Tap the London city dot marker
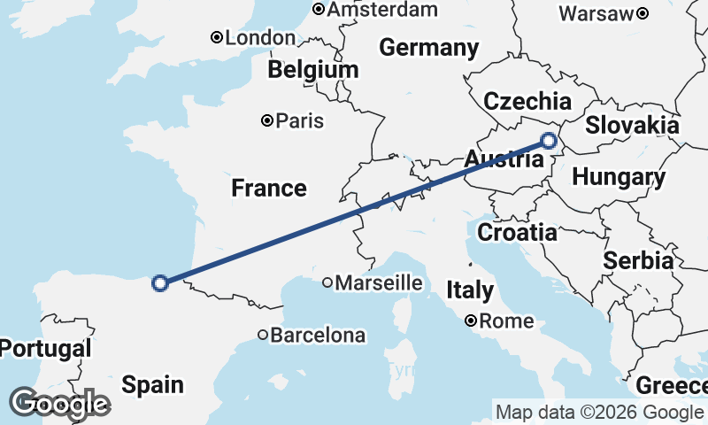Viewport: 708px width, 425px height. [x=216, y=37]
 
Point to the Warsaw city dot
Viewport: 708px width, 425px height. [x=643, y=13]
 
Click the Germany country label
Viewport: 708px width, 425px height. [x=429, y=48]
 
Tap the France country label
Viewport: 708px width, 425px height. [x=269, y=188]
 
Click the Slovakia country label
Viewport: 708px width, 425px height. [x=632, y=125]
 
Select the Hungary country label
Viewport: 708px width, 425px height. [x=619, y=177]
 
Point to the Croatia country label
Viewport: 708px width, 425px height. [x=517, y=233]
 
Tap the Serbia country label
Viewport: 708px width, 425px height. [x=638, y=261]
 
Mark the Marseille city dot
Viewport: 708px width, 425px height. [x=327, y=283]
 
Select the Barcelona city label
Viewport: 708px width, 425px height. [x=318, y=336]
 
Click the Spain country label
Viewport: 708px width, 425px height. [x=153, y=384]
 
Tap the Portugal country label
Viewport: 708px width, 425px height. [x=45, y=349]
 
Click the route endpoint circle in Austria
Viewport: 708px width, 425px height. [x=549, y=141]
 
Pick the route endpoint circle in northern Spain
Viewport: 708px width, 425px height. [x=160, y=283]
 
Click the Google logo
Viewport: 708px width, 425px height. [x=59, y=404]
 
